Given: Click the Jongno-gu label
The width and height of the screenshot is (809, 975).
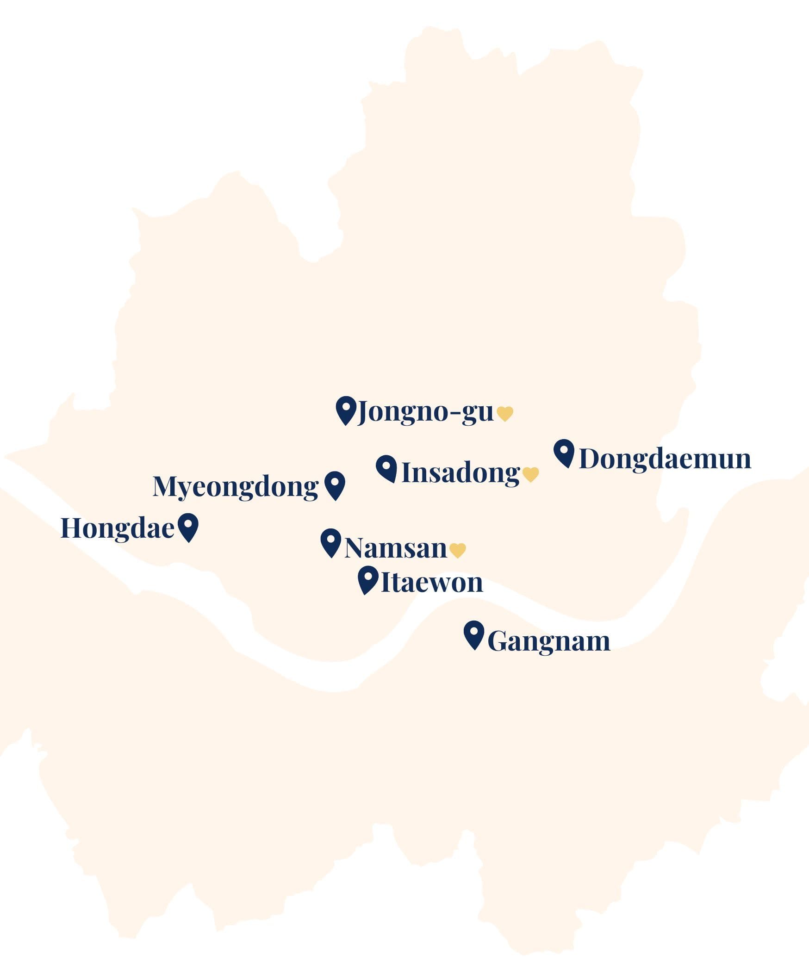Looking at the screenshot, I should click(425, 412).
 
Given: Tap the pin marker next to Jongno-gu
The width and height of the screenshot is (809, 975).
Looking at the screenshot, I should click(346, 410).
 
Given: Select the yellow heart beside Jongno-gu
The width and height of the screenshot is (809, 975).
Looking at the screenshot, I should click(505, 413).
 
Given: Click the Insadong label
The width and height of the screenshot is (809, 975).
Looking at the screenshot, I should click(460, 473).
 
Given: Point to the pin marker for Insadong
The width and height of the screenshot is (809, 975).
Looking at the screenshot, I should click(386, 467).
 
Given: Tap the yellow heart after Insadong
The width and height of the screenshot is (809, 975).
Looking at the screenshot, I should click(530, 474).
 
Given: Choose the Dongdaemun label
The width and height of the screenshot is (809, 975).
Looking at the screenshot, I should click(665, 459).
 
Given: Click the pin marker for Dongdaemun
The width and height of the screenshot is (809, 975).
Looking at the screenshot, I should click(564, 452).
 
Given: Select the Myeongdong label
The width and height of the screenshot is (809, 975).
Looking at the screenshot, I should click(236, 487).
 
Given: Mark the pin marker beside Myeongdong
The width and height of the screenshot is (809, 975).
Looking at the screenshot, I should click(335, 484).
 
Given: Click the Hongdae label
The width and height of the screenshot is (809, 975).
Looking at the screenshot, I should click(117, 528).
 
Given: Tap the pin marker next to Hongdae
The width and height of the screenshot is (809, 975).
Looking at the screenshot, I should click(188, 526).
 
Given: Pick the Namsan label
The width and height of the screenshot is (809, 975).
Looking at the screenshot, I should click(395, 548).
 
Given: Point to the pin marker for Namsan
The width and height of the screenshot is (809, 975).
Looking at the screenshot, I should click(330, 542).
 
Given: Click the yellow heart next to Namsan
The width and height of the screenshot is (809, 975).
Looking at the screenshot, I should click(457, 550).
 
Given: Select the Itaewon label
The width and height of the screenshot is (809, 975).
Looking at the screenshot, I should click(431, 582).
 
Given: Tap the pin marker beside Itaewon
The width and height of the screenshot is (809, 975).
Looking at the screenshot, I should click(368, 579).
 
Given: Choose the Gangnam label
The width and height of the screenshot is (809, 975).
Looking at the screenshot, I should click(548, 641).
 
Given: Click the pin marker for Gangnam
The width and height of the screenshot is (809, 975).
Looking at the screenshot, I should click(474, 634).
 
